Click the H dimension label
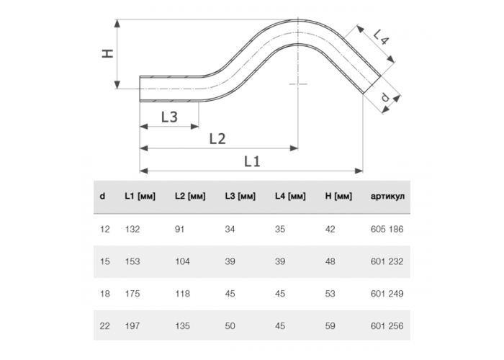tap(108, 53)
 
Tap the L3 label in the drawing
tap(169, 117)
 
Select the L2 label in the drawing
tap(217, 139)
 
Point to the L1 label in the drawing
tap(252, 161)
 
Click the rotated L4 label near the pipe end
tap(381, 36)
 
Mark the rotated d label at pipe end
tap(385, 96)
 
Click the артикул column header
tap(387, 196)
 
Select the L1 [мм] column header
tap(140, 196)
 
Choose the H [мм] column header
tap(338, 196)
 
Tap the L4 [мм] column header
tap(290, 196)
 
